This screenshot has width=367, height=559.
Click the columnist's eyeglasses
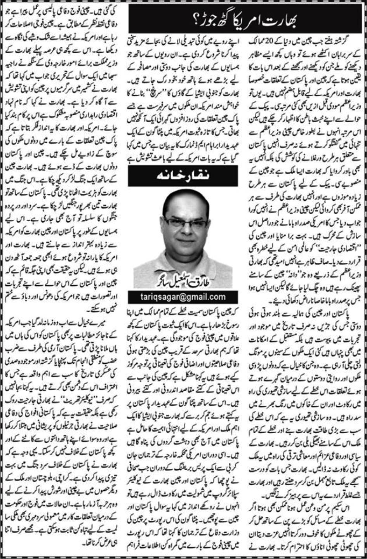(x=183, y=223)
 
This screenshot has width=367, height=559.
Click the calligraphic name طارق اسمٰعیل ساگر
(x=183, y=280)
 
